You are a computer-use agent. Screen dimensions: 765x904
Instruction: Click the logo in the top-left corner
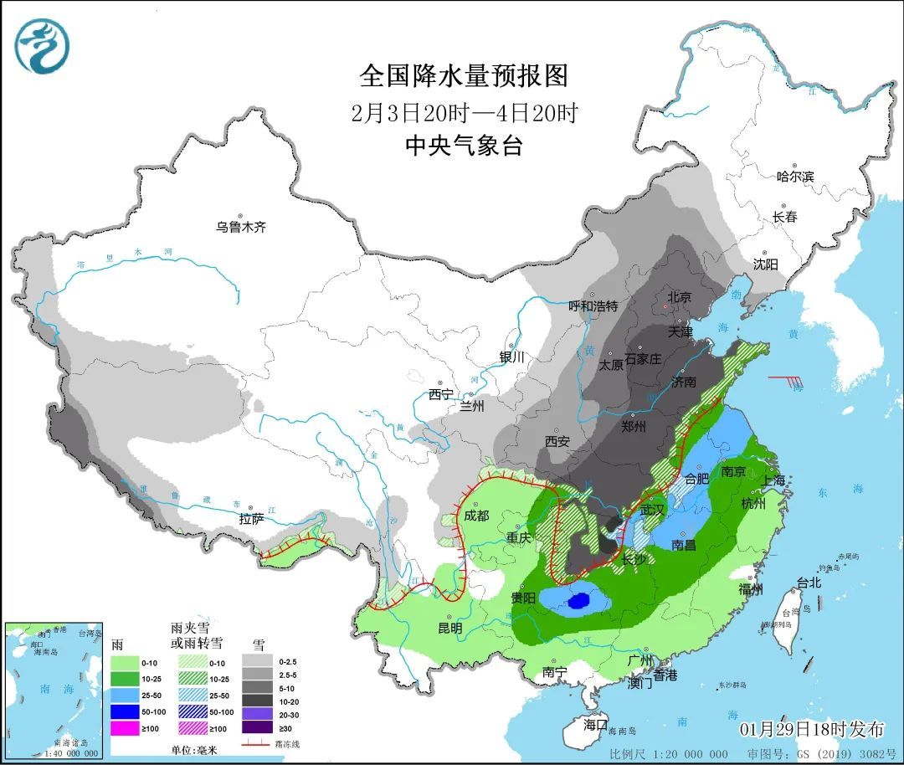tap(42, 45)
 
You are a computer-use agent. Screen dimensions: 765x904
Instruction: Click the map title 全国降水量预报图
tap(464, 76)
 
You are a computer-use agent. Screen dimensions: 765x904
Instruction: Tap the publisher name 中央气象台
tap(464, 146)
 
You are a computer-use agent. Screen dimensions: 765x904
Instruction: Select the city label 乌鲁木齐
tap(241, 227)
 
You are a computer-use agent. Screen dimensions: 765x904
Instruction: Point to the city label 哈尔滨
tap(795, 177)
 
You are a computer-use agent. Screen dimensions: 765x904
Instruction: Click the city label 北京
tap(679, 297)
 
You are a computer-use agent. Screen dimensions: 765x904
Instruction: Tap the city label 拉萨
tap(251, 519)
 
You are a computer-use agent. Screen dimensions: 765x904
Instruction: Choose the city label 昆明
tap(449, 628)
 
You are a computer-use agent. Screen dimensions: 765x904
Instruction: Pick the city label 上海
tap(774, 480)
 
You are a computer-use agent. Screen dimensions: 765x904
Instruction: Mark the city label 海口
tap(595, 724)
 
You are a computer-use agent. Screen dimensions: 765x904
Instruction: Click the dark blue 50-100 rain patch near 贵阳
tap(578, 600)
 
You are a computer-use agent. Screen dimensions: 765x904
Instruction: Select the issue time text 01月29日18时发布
tap(811, 729)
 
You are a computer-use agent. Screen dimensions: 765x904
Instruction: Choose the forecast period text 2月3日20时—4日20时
tap(464, 112)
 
